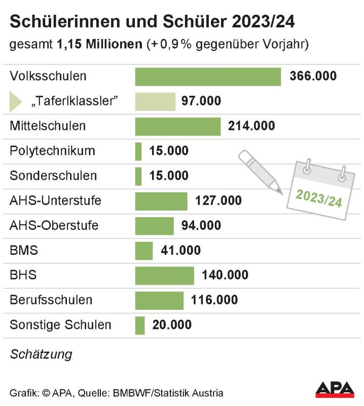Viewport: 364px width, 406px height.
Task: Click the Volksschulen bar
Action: (208, 77)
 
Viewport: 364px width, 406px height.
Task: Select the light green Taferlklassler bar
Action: (155, 101)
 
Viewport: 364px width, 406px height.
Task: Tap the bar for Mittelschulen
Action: (177, 126)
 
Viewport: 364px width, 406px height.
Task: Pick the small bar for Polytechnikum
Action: (138, 151)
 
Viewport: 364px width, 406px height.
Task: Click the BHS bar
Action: (164, 276)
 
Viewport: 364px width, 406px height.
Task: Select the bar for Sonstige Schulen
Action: (140, 325)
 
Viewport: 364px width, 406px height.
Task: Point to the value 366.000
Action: (313, 77)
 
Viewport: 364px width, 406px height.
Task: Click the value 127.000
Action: (219, 201)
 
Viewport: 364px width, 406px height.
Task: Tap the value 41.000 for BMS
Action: (180, 251)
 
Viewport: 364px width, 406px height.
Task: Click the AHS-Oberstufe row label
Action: (54, 226)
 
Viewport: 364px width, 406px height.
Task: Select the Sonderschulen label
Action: (53, 176)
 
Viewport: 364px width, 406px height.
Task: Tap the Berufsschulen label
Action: (51, 300)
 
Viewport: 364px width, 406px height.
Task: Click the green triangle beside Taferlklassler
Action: (16, 101)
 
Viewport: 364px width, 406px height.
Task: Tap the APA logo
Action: (335, 389)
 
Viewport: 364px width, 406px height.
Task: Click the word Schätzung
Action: (41, 354)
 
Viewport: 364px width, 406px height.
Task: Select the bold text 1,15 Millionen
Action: (100, 44)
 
